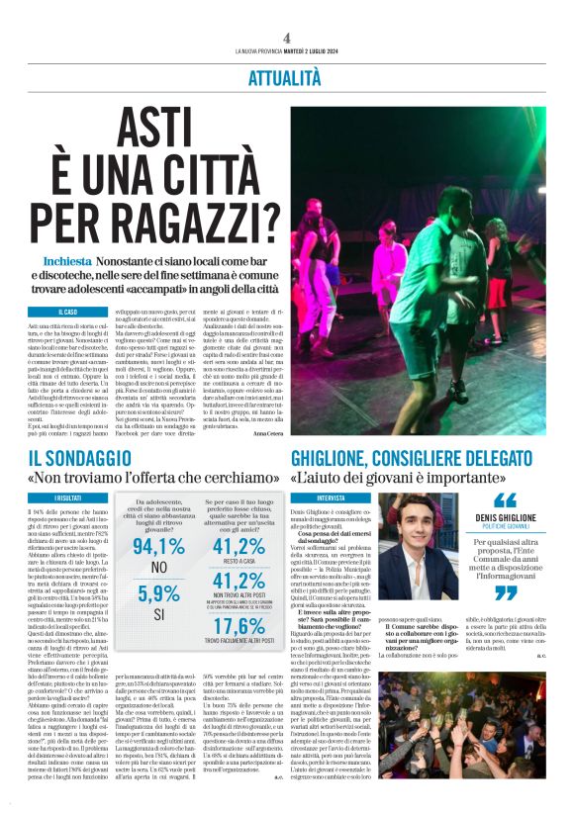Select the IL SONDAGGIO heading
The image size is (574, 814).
tap(78, 458)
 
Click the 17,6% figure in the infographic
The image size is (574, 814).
tap(239, 625)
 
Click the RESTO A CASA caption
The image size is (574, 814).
tap(239, 561)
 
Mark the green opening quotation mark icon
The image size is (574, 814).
tap(505, 499)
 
